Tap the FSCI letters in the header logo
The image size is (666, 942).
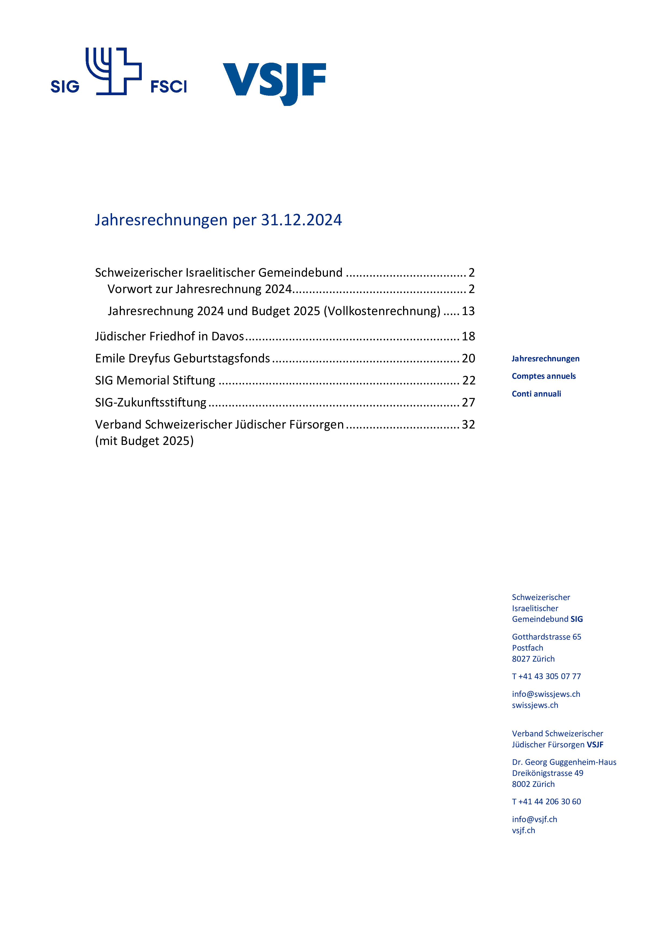pos(169,87)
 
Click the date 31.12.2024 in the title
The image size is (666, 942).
pos(301,220)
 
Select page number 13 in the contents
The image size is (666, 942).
pos(468,311)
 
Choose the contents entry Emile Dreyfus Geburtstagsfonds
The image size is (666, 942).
pos(183,358)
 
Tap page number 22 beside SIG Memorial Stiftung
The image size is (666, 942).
pos(469,380)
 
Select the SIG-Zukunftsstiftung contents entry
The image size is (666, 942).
pos(150,402)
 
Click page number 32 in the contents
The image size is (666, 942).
pos(468,424)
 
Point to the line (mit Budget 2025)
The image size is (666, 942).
pos(144,441)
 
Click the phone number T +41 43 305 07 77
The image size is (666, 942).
pos(546,676)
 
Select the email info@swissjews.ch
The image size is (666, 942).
pos(546,694)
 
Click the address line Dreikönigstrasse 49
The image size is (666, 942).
pos(548,773)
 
